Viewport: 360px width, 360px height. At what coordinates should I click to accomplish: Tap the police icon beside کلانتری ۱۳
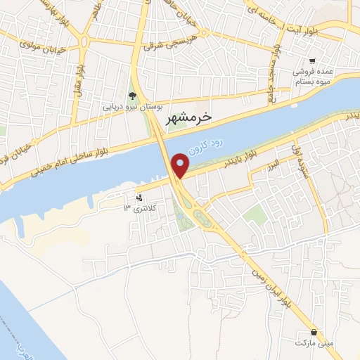tap(139, 197)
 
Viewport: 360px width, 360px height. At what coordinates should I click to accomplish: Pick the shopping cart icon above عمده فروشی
tap(313, 61)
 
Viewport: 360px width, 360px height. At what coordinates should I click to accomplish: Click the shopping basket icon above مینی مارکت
tap(314, 330)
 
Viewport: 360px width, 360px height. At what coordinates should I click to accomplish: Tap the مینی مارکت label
tap(312, 341)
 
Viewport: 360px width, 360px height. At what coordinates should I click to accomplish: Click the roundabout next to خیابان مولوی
tap(84, 40)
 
